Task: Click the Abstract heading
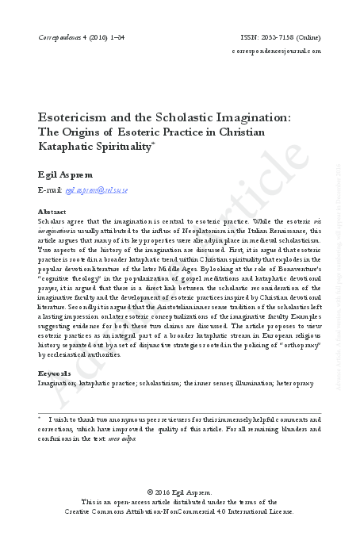(x=52, y=212)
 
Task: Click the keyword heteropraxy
(x=297, y=383)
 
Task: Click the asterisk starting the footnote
(x=40, y=418)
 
